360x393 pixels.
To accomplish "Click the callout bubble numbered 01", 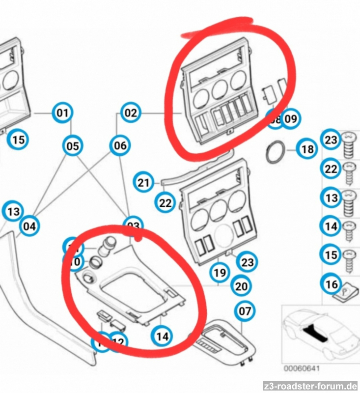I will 62,114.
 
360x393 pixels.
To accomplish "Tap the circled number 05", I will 73,146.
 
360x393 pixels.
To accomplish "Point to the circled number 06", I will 120,146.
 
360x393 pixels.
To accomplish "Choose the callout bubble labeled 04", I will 30,226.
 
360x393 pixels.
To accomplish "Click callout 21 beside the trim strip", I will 143,183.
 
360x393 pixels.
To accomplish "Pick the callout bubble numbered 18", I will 307,149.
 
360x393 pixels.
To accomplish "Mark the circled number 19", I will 221,272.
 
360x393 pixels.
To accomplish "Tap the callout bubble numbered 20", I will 241,285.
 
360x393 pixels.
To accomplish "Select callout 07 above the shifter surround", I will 245,310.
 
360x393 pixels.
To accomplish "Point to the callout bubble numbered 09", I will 291,118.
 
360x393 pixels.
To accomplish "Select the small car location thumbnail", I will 320,332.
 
